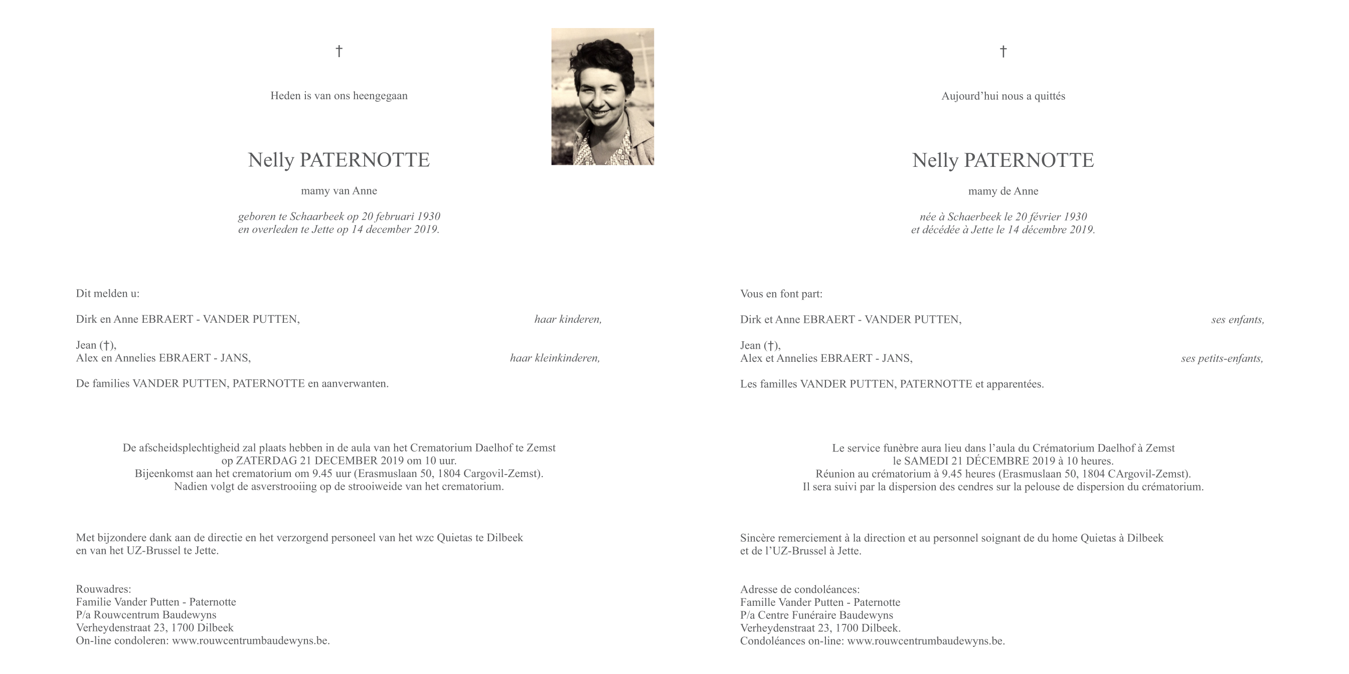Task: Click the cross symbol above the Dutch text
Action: [339, 51]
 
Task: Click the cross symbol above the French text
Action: [1003, 51]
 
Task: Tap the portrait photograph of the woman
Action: [602, 97]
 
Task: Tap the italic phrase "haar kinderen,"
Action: [568, 319]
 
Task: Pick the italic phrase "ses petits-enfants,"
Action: [1222, 358]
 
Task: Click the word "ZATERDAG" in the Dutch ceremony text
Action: [267, 461]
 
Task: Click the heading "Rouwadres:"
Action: [104, 589]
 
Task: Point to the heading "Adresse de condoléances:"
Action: [800, 589]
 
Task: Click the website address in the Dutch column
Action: [250, 640]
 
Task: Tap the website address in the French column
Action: [925, 640]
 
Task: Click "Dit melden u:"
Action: [108, 294]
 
